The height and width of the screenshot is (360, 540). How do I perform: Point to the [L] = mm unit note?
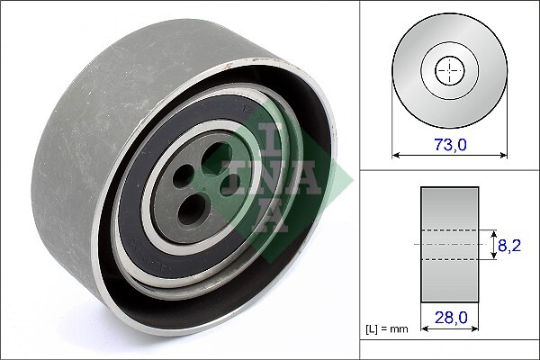coord(386,328)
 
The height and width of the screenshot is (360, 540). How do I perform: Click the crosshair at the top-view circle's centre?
coord(448,70)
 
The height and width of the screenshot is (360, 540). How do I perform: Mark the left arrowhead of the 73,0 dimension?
coord(395,154)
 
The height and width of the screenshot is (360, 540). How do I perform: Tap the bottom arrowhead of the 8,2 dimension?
coord(495,256)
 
